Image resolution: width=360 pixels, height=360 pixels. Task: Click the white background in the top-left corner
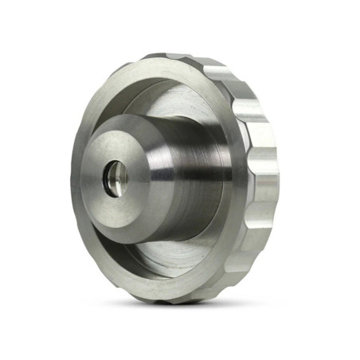(x=16, y=16)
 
